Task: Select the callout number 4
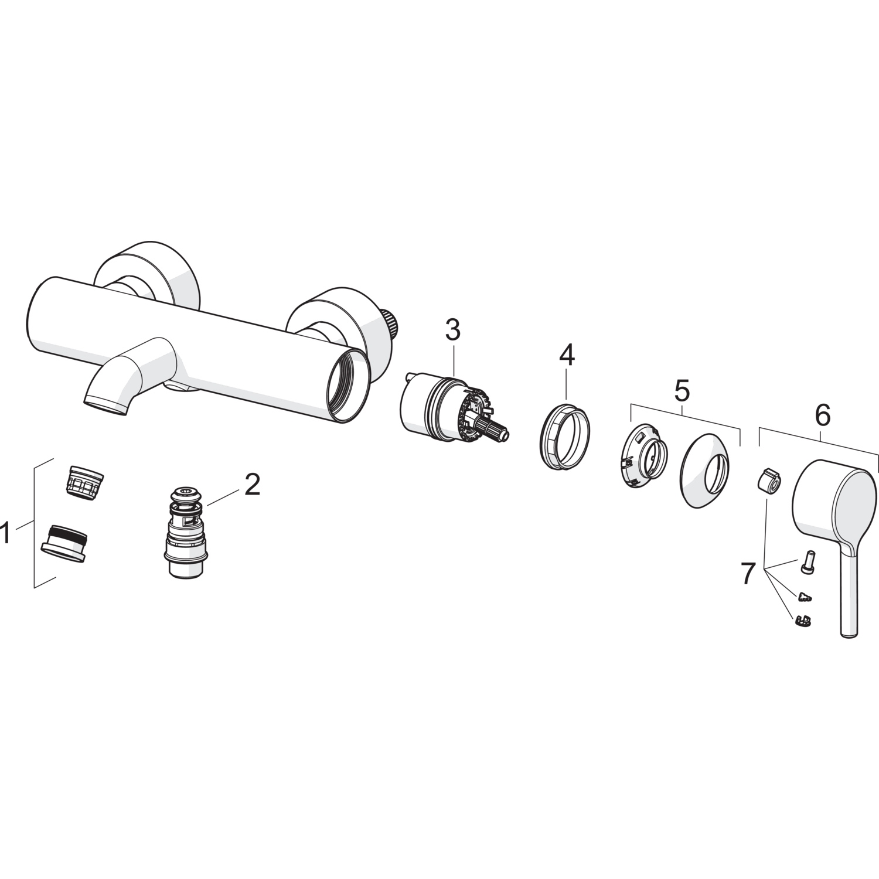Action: click(x=567, y=355)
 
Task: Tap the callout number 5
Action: click(x=682, y=391)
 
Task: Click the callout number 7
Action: click(x=747, y=574)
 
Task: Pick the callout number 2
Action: click(x=252, y=485)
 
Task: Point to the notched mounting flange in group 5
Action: click(x=643, y=455)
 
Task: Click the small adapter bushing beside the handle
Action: click(x=768, y=482)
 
